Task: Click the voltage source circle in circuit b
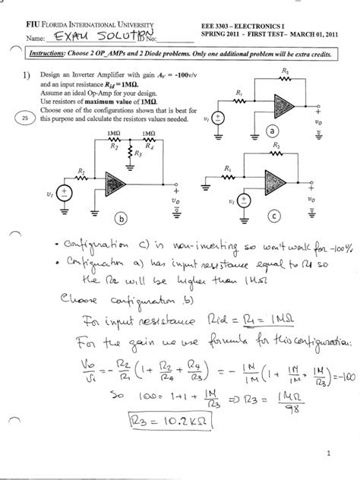(x=64, y=193)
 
